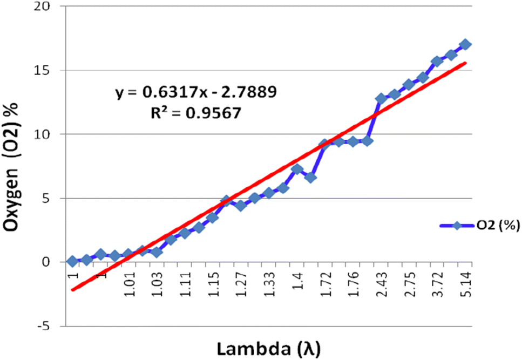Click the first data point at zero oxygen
point(72,261)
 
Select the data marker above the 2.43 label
point(381,98)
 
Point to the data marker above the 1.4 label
point(297,169)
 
